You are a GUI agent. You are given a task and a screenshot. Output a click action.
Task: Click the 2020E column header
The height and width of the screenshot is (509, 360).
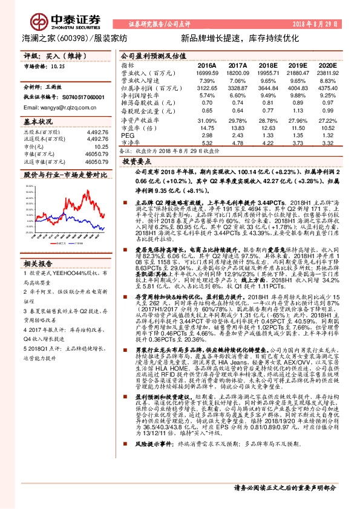pyautogui.click(x=327, y=64)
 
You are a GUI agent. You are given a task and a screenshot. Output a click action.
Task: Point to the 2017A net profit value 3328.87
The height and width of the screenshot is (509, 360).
pyautogui.click(x=237, y=88)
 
